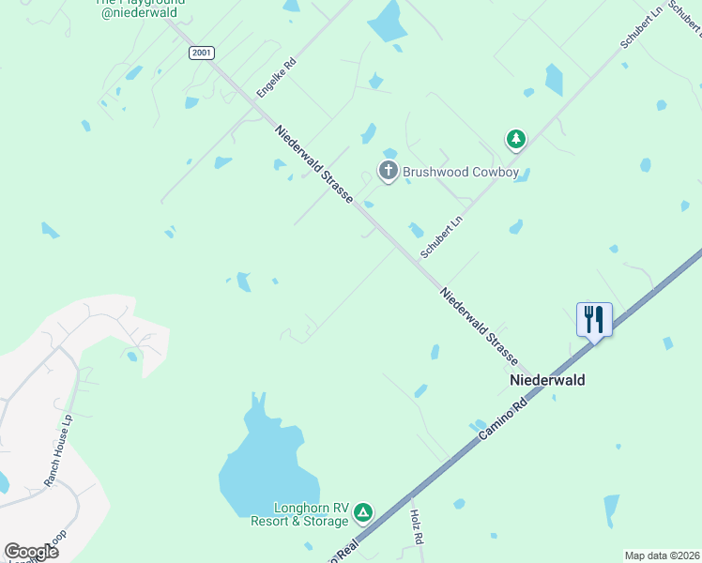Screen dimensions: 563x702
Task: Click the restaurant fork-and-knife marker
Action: (594, 319)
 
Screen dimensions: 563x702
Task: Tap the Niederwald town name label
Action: (547, 380)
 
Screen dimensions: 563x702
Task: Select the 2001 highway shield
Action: (201, 53)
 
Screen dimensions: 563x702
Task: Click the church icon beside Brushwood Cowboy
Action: (388, 171)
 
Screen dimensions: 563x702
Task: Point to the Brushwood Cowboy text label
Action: (461, 172)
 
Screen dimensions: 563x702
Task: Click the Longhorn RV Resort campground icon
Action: (362, 513)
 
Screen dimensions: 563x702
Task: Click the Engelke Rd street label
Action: (277, 78)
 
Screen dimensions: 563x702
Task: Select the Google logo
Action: (31, 552)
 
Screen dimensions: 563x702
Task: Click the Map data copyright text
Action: (661, 555)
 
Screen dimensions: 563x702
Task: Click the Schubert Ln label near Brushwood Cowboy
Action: (442, 237)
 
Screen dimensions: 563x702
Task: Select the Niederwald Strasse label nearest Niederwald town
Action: (479, 326)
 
